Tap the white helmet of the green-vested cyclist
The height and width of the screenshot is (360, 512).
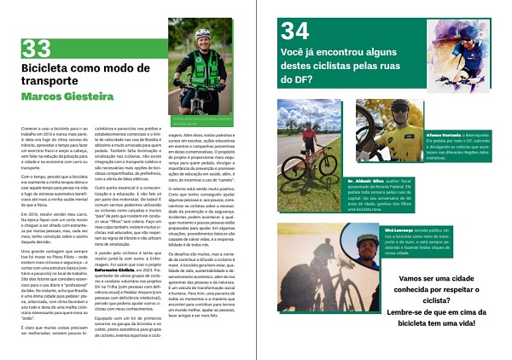202,34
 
